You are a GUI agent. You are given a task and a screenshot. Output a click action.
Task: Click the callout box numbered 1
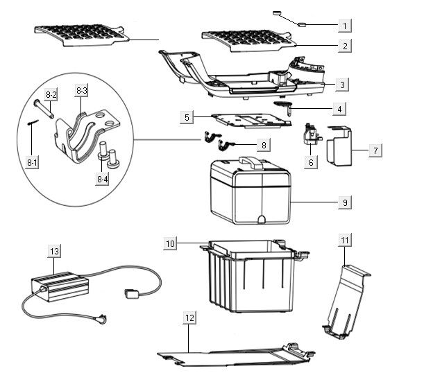tap(344, 26)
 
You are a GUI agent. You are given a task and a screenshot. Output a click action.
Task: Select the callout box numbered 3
tap(344, 85)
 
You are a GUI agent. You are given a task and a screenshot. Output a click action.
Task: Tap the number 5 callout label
tap(186, 117)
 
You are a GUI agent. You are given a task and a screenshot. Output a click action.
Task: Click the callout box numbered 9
tap(344, 202)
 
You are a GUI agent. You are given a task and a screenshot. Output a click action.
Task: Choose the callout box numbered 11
tap(345, 240)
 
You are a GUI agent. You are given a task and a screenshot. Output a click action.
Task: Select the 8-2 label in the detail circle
tap(51, 94)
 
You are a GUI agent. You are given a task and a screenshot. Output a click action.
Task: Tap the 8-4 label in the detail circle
tap(103, 178)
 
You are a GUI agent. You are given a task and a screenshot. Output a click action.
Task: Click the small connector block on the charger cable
tap(130, 293)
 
